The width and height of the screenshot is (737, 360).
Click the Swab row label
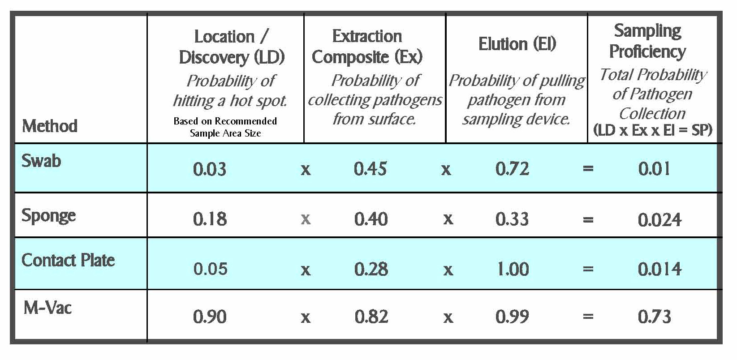click(42, 161)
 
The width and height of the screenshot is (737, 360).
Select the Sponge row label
click(49, 216)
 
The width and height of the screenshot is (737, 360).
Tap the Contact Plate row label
click(68, 260)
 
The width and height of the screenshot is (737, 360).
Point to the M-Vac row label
click(47, 308)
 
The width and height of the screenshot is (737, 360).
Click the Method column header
click(50, 126)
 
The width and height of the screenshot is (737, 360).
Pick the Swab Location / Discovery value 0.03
click(210, 169)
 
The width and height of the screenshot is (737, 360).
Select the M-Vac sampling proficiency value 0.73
click(655, 317)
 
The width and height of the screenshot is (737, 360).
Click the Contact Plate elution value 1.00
click(513, 269)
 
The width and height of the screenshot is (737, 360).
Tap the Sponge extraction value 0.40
click(371, 219)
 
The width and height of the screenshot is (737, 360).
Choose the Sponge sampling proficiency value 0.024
click(659, 219)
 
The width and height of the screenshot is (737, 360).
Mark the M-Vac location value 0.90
click(210, 317)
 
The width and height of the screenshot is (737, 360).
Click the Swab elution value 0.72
click(512, 169)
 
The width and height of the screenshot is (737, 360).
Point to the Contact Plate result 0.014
click(659, 269)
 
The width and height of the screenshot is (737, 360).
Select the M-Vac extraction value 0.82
click(371, 317)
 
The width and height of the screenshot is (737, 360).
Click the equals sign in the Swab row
click(588, 169)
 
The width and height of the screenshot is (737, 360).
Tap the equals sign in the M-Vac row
click(588, 317)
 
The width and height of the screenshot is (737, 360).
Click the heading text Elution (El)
click(517, 44)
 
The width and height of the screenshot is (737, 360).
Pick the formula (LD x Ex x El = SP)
click(653, 130)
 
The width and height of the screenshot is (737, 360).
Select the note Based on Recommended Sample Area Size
click(225, 127)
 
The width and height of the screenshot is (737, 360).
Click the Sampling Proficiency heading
click(648, 41)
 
